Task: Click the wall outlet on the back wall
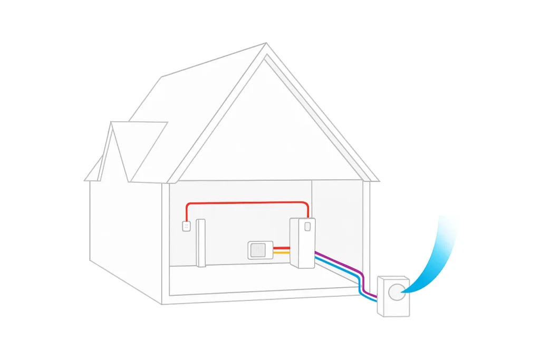click(x=186, y=226)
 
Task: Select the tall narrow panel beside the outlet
click(x=200, y=242)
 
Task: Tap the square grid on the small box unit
click(x=258, y=250)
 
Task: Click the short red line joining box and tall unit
click(x=282, y=247)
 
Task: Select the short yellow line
click(x=282, y=252)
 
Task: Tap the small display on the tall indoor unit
click(x=307, y=227)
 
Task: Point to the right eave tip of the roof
click(x=378, y=181)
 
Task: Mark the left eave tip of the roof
click(x=85, y=180)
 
